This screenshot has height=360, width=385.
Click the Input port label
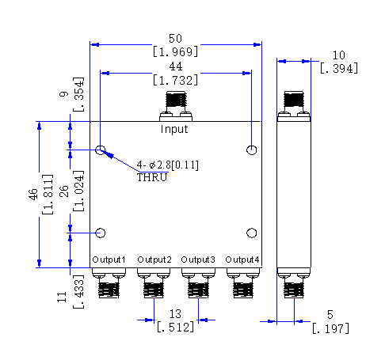[x=174, y=129]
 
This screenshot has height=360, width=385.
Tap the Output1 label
[x=109, y=260]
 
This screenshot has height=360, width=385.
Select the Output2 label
[x=154, y=260]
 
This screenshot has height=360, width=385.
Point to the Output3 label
[x=198, y=260]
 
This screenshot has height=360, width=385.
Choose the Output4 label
[x=242, y=260]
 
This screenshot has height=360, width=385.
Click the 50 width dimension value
[x=175, y=39]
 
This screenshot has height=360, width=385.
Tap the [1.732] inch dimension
[x=175, y=80]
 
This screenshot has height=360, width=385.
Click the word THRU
[x=152, y=177]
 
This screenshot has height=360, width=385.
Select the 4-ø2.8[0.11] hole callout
[x=168, y=165]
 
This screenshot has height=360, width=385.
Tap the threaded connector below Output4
[x=243, y=290]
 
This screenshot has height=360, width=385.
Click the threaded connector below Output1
[x=109, y=290]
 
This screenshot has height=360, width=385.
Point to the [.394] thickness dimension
[x=339, y=69]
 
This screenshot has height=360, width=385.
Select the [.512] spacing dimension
[x=175, y=328]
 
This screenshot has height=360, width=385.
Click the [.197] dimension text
[x=330, y=329]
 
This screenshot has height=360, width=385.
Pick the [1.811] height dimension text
[x=48, y=195]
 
